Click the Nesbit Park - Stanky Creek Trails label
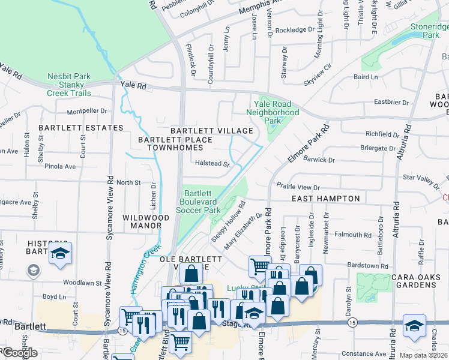(x=69, y=85)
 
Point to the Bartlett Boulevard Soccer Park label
(x=201, y=202)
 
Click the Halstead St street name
(x=212, y=163)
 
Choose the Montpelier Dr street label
(x=86, y=111)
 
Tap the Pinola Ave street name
(x=62, y=166)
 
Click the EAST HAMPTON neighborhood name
(x=325, y=199)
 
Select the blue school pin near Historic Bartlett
(x=60, y=254)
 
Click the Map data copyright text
(x=423, y=355)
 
